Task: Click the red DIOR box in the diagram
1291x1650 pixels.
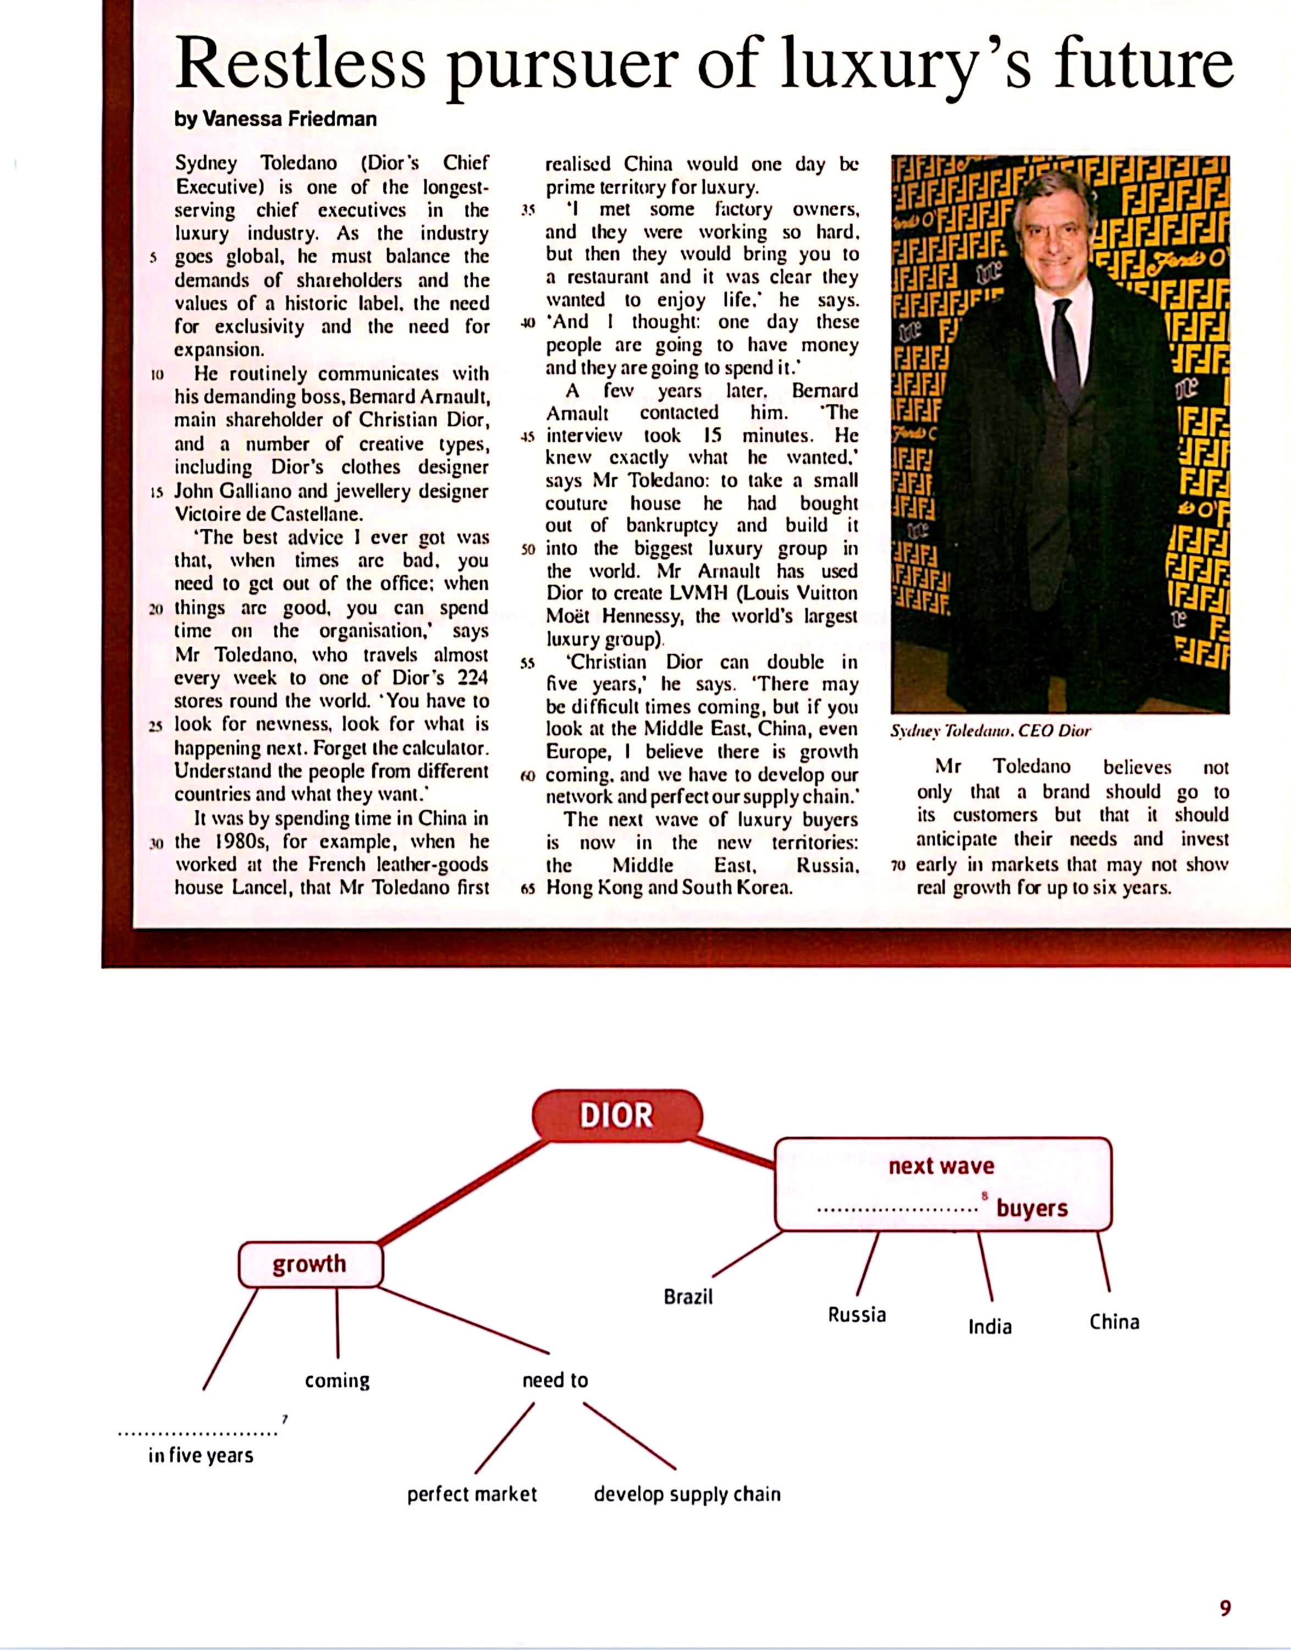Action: [617, 1115]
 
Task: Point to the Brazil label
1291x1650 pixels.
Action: [688, 1297]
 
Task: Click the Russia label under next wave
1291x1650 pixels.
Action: [857, 1314]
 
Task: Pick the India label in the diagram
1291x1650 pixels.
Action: [989, 1327]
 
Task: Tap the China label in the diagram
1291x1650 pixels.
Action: [1114, 1322]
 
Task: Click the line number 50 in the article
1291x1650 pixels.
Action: [528, 549]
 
